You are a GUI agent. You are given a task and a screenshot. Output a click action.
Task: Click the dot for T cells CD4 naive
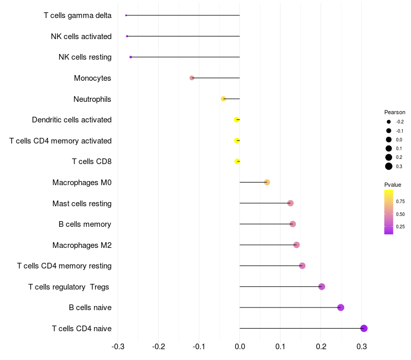(x=364, y=329)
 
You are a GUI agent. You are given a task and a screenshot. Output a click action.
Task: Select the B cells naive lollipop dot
(x=341, y=308)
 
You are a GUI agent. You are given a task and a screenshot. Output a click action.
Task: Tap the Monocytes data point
(x=192, y=78)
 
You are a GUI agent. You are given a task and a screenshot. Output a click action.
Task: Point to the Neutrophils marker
(x=223, y=99)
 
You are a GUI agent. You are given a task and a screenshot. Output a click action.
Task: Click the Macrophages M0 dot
(x=267, y=183)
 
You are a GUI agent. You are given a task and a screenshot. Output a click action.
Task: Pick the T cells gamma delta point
(x=126, y=15)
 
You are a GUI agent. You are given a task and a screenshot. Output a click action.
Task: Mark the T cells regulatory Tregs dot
(x=322, y=287)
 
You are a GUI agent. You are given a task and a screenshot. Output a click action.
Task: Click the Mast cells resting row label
(x=82, y=204)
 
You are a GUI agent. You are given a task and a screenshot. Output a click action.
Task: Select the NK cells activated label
(x=81, y=37)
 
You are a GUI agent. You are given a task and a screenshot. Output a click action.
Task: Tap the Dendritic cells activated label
(x=71, y=120)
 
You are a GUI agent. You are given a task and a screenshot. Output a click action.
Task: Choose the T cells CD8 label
(x=91, y=161)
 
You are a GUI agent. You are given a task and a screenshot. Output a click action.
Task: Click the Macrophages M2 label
(x=82, y=245)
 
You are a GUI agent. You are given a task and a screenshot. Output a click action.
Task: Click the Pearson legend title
(x=395, y=112)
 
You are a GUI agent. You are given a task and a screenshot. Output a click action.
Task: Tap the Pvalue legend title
(x=393, y=185)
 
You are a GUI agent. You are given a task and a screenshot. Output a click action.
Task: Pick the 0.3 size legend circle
(x=389, y=166)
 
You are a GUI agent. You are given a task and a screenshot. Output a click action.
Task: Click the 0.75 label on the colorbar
(x=400, y=201)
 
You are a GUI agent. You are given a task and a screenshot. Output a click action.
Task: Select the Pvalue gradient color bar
(x=389, y=212)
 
